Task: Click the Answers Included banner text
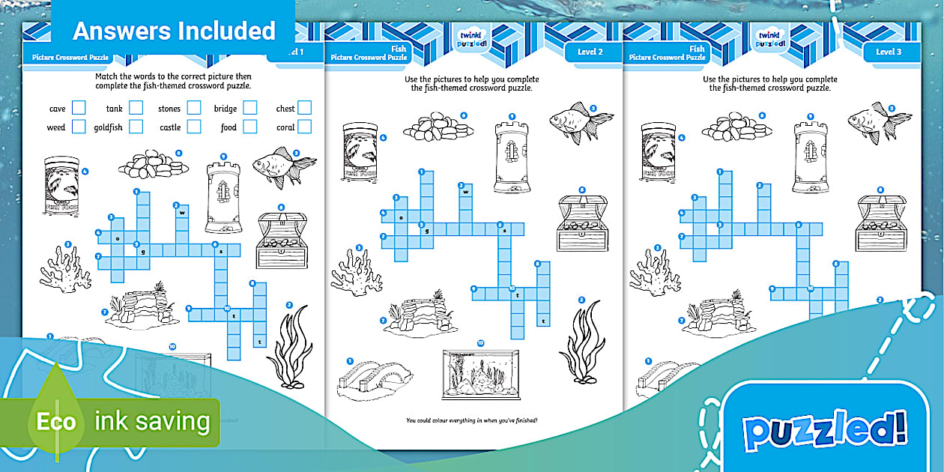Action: [174, 31]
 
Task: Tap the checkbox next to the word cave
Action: [79, 108]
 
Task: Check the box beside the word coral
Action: [304, 127]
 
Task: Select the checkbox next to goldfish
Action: [136, 127]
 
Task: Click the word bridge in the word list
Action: [225, 109]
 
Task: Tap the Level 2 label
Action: [590, 52]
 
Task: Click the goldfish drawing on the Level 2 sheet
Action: [581, 121]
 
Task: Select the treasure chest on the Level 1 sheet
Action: [282, 240]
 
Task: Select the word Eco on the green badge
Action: [56, 421]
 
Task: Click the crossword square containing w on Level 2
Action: [466, 191]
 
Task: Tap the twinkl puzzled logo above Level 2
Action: [472, 39]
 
